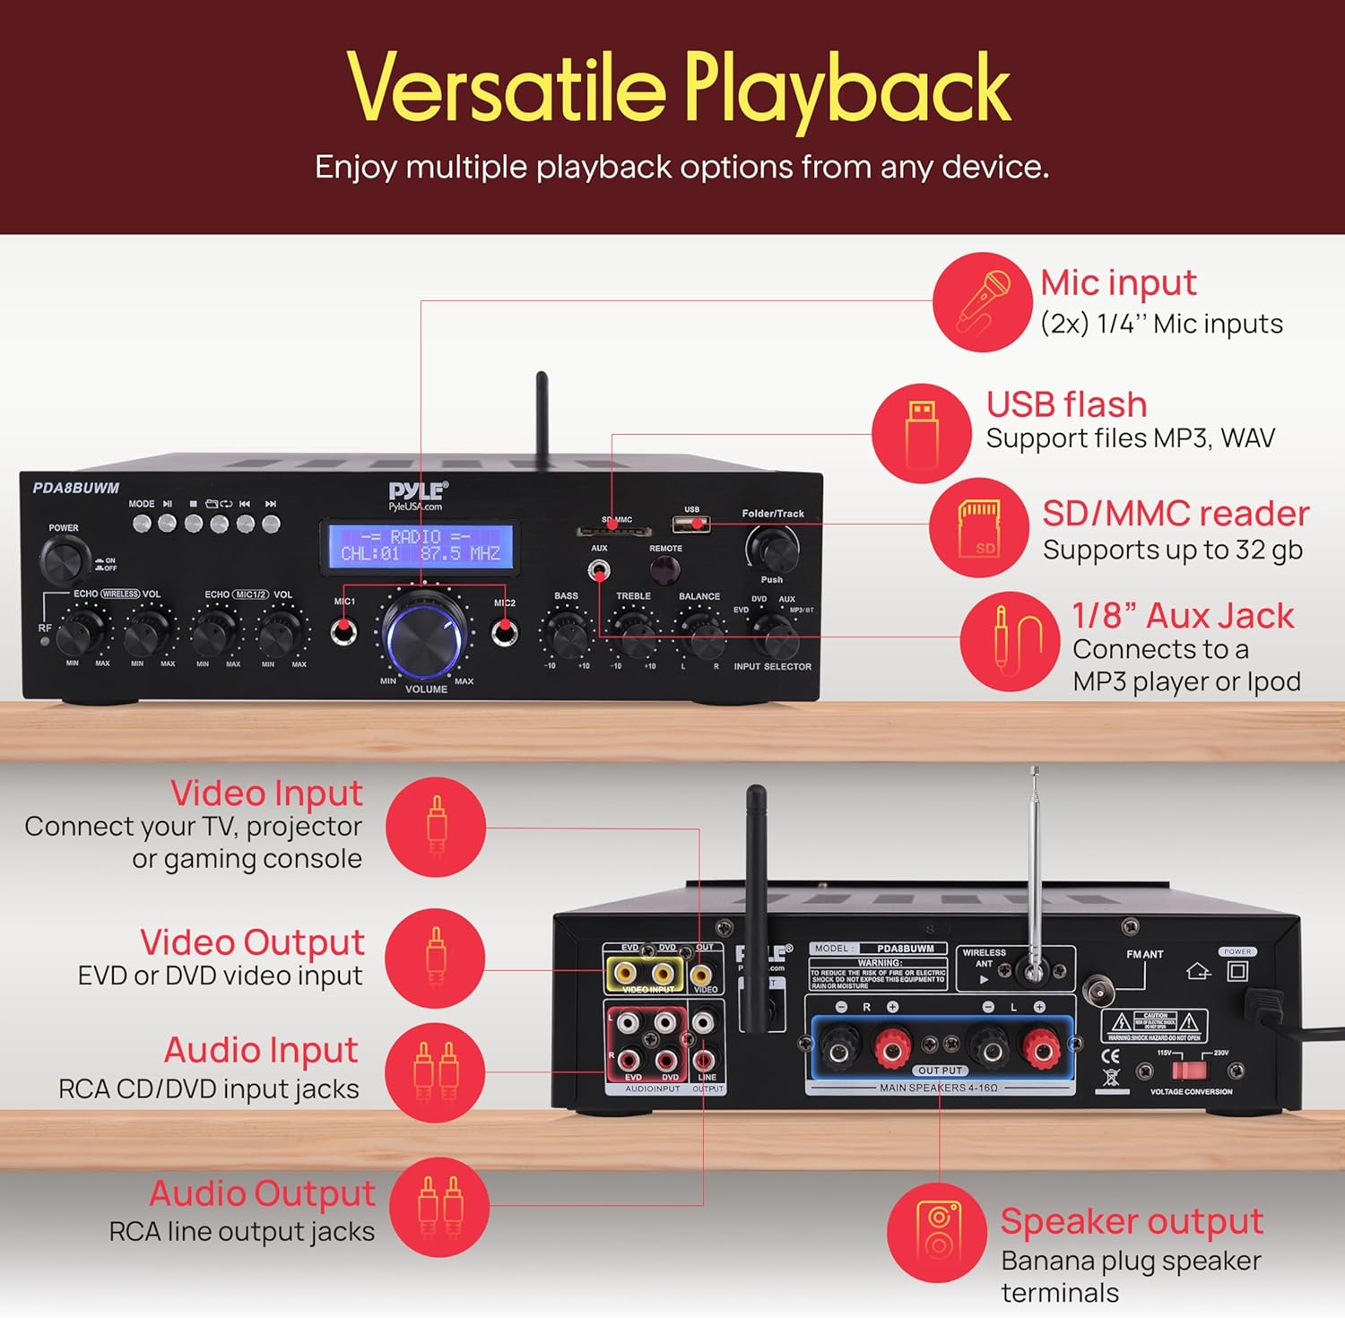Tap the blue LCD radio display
[421, 546]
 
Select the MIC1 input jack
[343, 631]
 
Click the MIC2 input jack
[505, 632]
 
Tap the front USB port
[691, 524]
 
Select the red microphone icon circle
[982, 301]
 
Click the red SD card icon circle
[978, 527]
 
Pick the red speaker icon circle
[937, 1232]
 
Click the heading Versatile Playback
[679, 90]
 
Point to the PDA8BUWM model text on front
[76, 489]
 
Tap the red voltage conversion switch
[1190, 1070]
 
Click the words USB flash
[1066, 404]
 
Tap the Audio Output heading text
[262, 1193]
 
